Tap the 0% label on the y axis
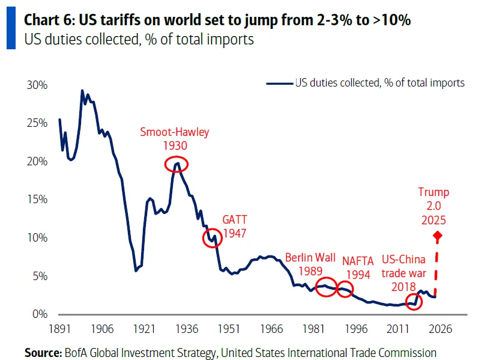click(40, 314)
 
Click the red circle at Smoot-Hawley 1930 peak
click(176, 163)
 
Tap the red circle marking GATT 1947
click(211, 238)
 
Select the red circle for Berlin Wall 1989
click(327, 286)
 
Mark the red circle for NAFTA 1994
click(345, 289)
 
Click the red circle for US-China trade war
click(414, 302)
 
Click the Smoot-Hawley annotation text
click(174, 132)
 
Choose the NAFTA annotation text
click(362, 261)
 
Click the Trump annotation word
click(434, 192)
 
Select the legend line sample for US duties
click(279, 84)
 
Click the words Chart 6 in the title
click(44, 19)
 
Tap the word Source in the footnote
click(41, 353)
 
